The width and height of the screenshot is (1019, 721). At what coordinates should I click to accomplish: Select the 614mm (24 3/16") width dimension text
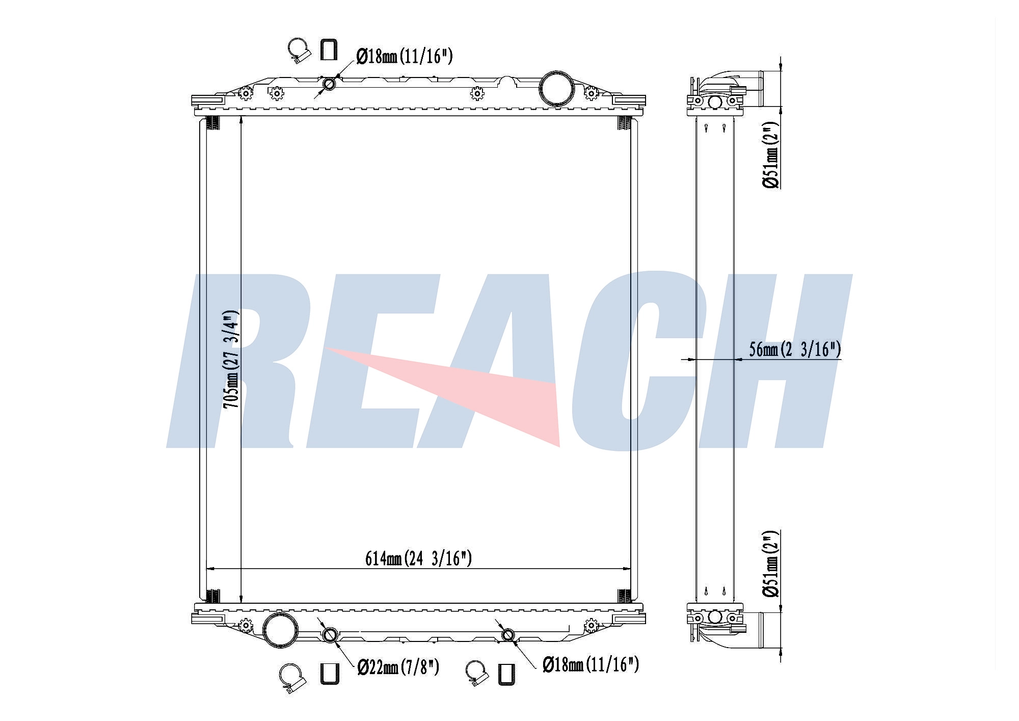pyautogui.click(x=418, y=559)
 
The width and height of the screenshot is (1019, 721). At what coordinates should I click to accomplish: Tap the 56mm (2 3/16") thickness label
pyautogui.click(x=795, y=349)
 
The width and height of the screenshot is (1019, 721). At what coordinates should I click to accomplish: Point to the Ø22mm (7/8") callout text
pyautogui.click(x=398, y=666)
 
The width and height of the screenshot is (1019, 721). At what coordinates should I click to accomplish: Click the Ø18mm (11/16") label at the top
pyautogui.click(x=405, y=56)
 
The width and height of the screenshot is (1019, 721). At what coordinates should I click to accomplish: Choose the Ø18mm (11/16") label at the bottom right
pyautogui.click(x=591, y=664)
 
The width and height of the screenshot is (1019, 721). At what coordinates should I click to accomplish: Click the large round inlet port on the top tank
pyautogui.click(x=557, y=89)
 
